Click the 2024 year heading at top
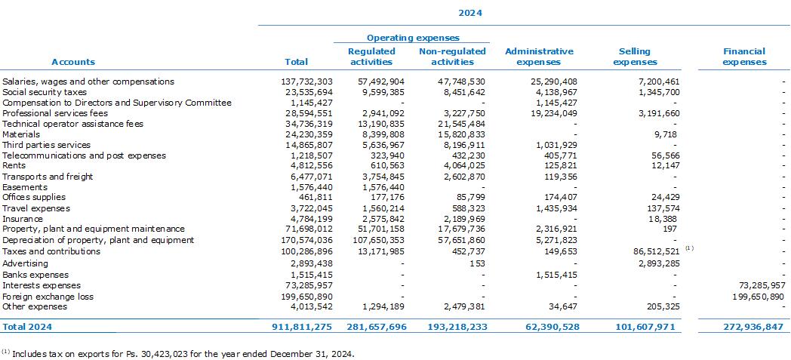click(x=469, y=13)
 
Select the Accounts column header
click(x=73, y=62)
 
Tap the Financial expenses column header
click(x=744, y=57)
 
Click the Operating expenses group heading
click(x=413, y=38)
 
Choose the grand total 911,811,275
click(x=302, y=327)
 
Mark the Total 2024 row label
click(x=26, y=327)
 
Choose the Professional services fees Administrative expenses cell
click(x=551, y=113)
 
